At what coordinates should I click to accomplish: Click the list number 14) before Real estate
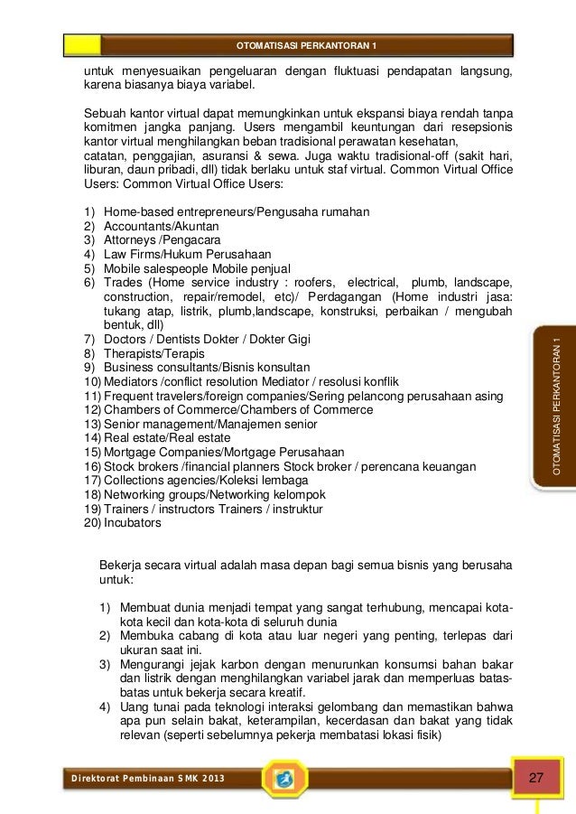[92, 438]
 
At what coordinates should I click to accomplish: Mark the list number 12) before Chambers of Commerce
[92, 409]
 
